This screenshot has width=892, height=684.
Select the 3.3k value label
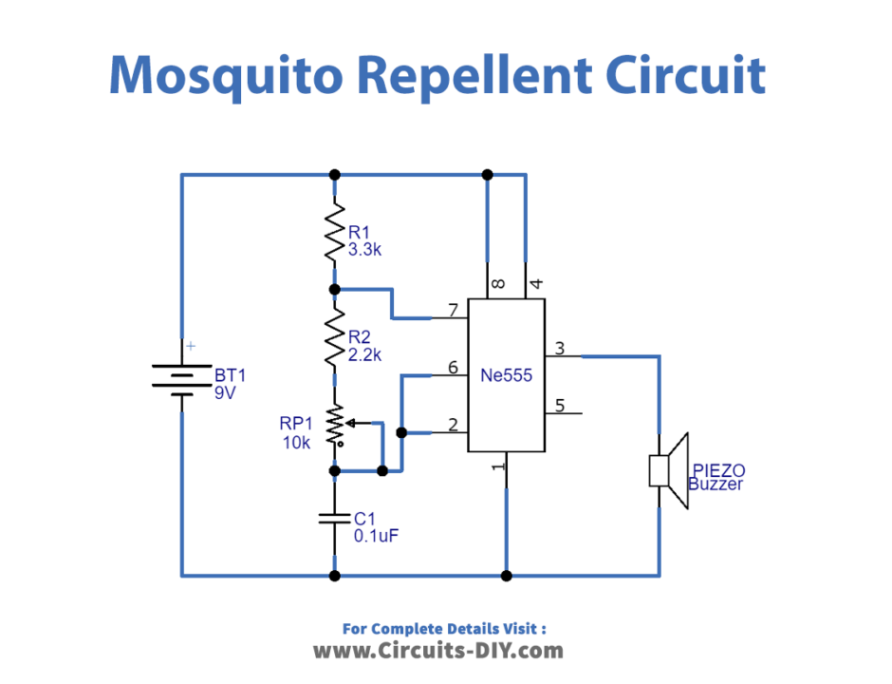(364, 251)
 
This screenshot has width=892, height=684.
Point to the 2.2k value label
(364, 356)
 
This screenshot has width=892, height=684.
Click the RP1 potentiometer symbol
(335, 426)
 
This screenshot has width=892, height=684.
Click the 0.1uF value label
(375, 536)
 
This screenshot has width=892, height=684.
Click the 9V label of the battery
(224, 391)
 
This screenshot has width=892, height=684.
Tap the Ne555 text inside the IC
(507, 376)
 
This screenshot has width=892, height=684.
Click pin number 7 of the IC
(454, 310)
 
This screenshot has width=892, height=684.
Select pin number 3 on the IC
(560, 349)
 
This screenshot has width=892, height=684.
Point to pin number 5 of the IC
(560, 406)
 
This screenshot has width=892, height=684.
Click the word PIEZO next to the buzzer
(718, 470)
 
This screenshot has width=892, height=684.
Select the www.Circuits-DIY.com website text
(438, 651)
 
